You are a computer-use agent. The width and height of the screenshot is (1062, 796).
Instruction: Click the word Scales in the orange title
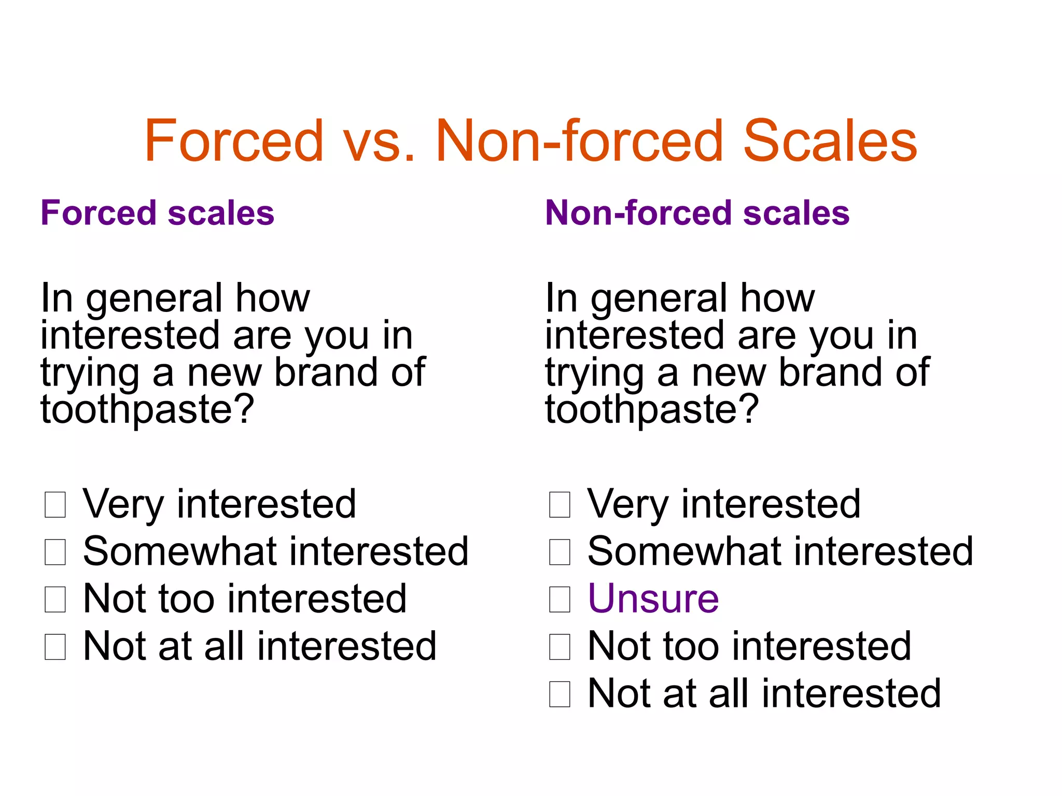pos(830,141)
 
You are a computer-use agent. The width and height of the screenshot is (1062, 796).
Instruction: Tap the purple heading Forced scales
pos(157,213)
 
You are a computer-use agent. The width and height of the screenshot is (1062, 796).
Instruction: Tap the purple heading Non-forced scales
pos(697,213)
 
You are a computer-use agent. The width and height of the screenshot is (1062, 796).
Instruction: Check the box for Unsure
pos(560,599)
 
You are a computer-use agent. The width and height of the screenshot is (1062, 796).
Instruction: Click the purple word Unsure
pos(653,599)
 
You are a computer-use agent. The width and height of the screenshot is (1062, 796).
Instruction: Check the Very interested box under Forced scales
pos(55,504)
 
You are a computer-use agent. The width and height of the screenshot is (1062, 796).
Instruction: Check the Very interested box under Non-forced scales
pos(560,504)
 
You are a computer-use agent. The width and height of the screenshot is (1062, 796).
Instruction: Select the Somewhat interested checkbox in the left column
pos(55,552)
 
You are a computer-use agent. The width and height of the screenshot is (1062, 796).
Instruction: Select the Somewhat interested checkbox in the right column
pos(560,552)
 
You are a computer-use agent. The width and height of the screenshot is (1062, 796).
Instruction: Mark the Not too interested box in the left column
pos(55,599)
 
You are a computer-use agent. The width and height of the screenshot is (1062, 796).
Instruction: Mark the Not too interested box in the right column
pos(560,647)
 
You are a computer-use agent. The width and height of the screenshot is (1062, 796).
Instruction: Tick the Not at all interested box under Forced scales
pos(55,647)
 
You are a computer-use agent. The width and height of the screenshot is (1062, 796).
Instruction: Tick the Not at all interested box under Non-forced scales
pos(560,694)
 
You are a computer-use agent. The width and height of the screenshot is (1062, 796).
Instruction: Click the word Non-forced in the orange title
pos(579,141)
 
